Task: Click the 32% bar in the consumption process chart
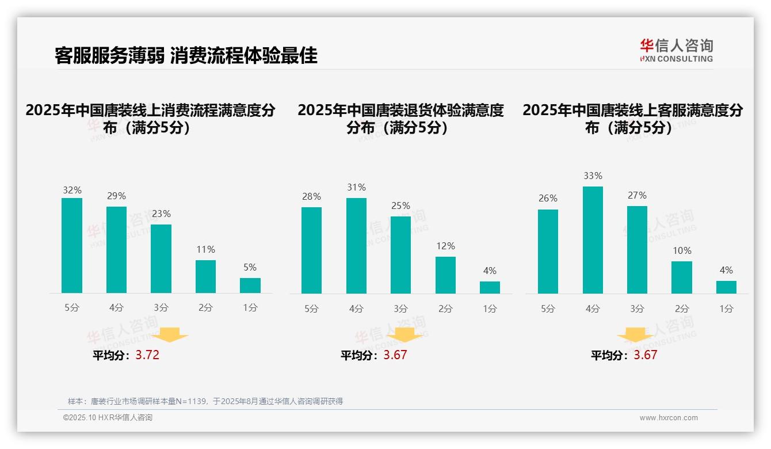pos(72,246)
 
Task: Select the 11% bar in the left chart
pos(205,277)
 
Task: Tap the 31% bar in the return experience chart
pos(356,246)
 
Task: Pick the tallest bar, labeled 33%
pos(593,240)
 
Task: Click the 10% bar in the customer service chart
pos(682,277)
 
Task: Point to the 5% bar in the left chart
pos(250,286)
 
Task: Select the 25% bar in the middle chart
pos(400,255)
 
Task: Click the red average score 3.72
pos(147,355)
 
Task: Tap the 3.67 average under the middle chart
pos(395,355)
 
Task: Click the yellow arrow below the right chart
pos(635,334)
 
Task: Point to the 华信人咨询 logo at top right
pos(676,51)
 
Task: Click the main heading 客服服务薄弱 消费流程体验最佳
pos(186,55)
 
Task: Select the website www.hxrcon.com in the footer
pos(669,418)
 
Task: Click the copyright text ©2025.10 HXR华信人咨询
pos(108,418)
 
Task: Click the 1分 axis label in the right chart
pos(726,309)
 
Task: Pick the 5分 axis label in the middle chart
pos(311,309)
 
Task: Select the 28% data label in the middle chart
pos(311,197)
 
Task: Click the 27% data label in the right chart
pos(637,196)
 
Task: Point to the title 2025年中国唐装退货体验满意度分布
pos(400,119)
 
